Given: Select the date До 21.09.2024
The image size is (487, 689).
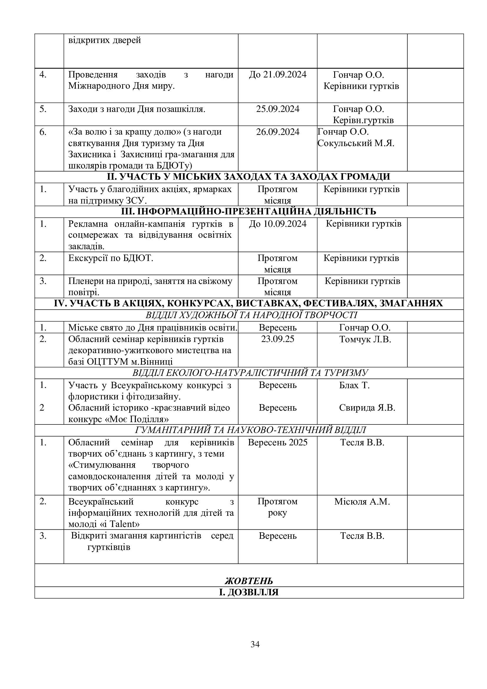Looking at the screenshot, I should pos(278,75).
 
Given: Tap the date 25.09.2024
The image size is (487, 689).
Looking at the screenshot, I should pos(278,109).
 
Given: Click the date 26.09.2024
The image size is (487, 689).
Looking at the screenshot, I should pos(278,132).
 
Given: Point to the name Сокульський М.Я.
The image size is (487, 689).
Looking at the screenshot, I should pos(356,143).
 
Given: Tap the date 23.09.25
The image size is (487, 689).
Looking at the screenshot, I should pos(278,339).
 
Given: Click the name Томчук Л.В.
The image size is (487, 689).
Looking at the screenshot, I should pos(365,339).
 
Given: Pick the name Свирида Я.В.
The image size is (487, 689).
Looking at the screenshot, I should pos(367,408).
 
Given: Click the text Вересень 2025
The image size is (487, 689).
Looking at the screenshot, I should pos(278,442).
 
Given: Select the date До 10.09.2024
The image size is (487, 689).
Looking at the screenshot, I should pos(278,224).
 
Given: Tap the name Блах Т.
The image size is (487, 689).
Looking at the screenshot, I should pos(355,385).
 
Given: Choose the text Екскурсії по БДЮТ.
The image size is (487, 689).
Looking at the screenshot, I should pos(111,258).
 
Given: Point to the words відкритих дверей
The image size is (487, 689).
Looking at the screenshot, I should pos(105,40).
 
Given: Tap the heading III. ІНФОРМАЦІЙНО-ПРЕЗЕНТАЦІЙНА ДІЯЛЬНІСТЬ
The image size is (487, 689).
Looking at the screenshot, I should pos(249,212).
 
